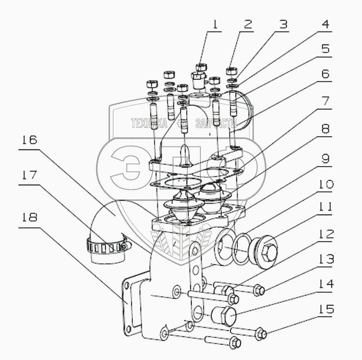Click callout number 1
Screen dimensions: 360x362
coord(215,25)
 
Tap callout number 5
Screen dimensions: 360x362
coord(325,49)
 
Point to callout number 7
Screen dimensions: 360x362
coord(325,101)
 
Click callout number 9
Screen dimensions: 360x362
coord(325,159)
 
